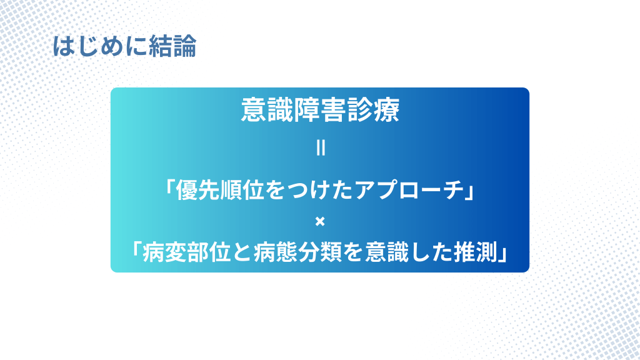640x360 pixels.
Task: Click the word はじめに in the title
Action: pyautogui.click(x=100, y=46)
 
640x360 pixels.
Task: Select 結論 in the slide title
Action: pyautogui.click(x=172, y=46)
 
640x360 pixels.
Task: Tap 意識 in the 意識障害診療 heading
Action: pyautogui.click(x=266, y=110)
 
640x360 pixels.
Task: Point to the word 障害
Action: pyautogui.click(x=319, y=110)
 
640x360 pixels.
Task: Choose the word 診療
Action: pyautogui.click(x=373, y=110)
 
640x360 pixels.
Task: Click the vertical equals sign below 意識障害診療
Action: pyautogui.click(x=321, y=147)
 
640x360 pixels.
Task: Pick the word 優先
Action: pyautogui.click(x=197, y=190)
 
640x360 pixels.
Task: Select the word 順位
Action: pyautogui.click(x=242, y=190)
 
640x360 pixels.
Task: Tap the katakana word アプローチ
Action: pyautogui.click(x=409, y=190)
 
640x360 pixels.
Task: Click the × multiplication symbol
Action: pyautogui.click(x=320, y=221)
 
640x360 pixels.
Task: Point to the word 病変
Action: pyautogui.click(x=164, y=252)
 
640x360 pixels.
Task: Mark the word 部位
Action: pyautogui.click(x=209, y=252)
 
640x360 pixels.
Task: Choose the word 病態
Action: pyautogui.click(x=276, y=252)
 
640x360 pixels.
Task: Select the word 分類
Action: pyautogui.click(x=320, y=252)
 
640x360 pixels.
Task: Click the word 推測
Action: pyautogui.click(x=475, y=252)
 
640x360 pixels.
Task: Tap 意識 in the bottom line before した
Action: pyautogui.click(x=386, y=252)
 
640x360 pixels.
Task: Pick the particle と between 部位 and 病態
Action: pyautogui.click(x=242, y=252)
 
